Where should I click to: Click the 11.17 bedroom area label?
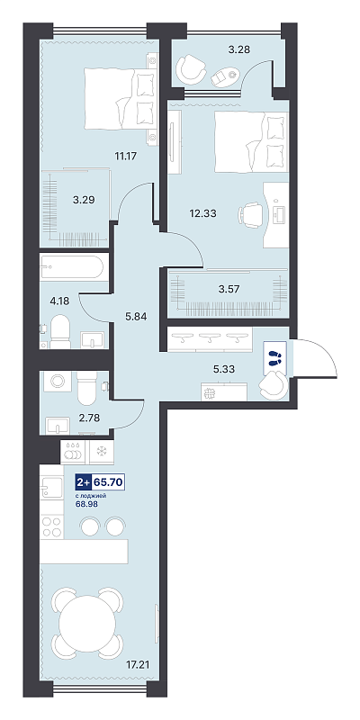click(x=126, y=155)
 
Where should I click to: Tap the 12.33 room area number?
click(x=203, y=213)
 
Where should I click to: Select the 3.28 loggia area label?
click(x=238, y=49)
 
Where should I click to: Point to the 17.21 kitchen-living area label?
click(x=139, y=663)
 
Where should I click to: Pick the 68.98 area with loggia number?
click(x=86, y=504)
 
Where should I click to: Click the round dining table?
click(x=87, y=625)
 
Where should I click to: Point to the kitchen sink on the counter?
click(x=51, y=486)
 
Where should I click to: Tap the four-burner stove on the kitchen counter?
click(x=51, y=526)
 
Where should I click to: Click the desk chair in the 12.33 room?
click(x=250, y=215)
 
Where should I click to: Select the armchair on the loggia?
click(x=191, y=68)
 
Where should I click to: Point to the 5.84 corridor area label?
click(x=137, y=316)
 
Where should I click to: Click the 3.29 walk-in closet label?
click(x=84, y=200)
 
